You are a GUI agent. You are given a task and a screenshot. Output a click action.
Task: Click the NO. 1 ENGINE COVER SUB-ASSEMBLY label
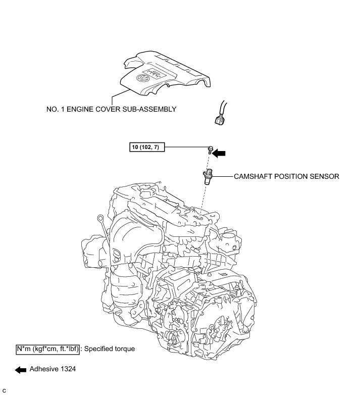pos(111,109)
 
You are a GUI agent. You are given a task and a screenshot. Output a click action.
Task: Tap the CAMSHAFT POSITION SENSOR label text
pos(286,177)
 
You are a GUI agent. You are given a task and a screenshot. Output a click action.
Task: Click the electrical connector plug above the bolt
pos(220,120)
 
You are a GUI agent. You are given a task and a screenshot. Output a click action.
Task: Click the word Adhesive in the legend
pos(43,369)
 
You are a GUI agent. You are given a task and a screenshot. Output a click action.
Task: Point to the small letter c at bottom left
pos(4,390)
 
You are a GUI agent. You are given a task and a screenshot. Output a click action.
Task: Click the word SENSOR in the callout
pos(322,177)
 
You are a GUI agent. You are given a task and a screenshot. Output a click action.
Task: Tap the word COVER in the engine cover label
pos(102,109)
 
